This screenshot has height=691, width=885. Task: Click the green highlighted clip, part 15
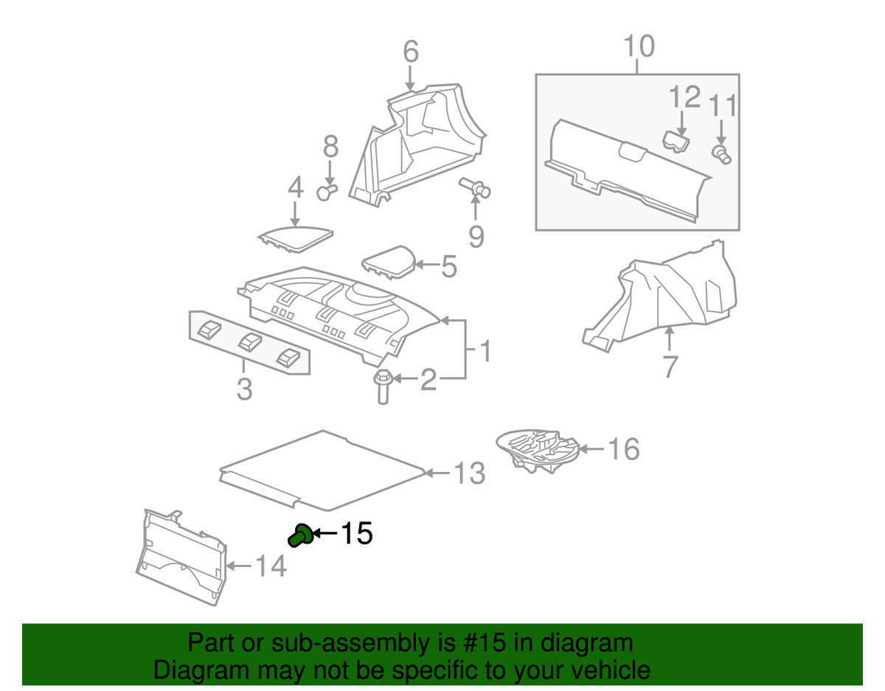(299, 535)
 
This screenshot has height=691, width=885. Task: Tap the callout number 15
(355, 533)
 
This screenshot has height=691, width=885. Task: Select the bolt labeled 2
(382, 386)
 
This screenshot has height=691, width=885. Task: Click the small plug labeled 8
(325, 192)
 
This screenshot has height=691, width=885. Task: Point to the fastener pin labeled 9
(476, 188)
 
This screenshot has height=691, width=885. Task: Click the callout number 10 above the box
(638, 46)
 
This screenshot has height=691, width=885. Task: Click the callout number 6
(411, 52)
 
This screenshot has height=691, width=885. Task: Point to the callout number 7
(669, 366)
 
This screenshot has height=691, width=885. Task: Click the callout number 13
(468, 473)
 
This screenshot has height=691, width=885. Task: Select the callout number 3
(244, 388)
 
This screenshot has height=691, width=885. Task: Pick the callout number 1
(485, 351)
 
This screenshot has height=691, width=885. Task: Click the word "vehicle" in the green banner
(607, 670)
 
